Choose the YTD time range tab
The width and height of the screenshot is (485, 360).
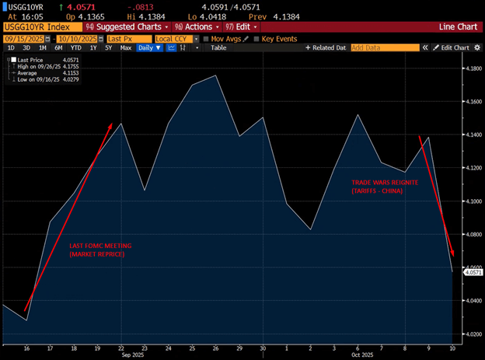coord(75,47)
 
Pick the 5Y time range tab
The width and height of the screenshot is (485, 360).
coord(109,47)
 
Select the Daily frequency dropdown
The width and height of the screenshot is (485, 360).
coord(149,47)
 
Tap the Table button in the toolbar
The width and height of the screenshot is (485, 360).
coord(218,47)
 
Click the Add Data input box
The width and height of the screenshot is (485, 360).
coord(383,47)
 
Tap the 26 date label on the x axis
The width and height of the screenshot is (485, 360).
coord(215,349)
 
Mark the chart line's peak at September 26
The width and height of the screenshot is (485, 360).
coord(215,76)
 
